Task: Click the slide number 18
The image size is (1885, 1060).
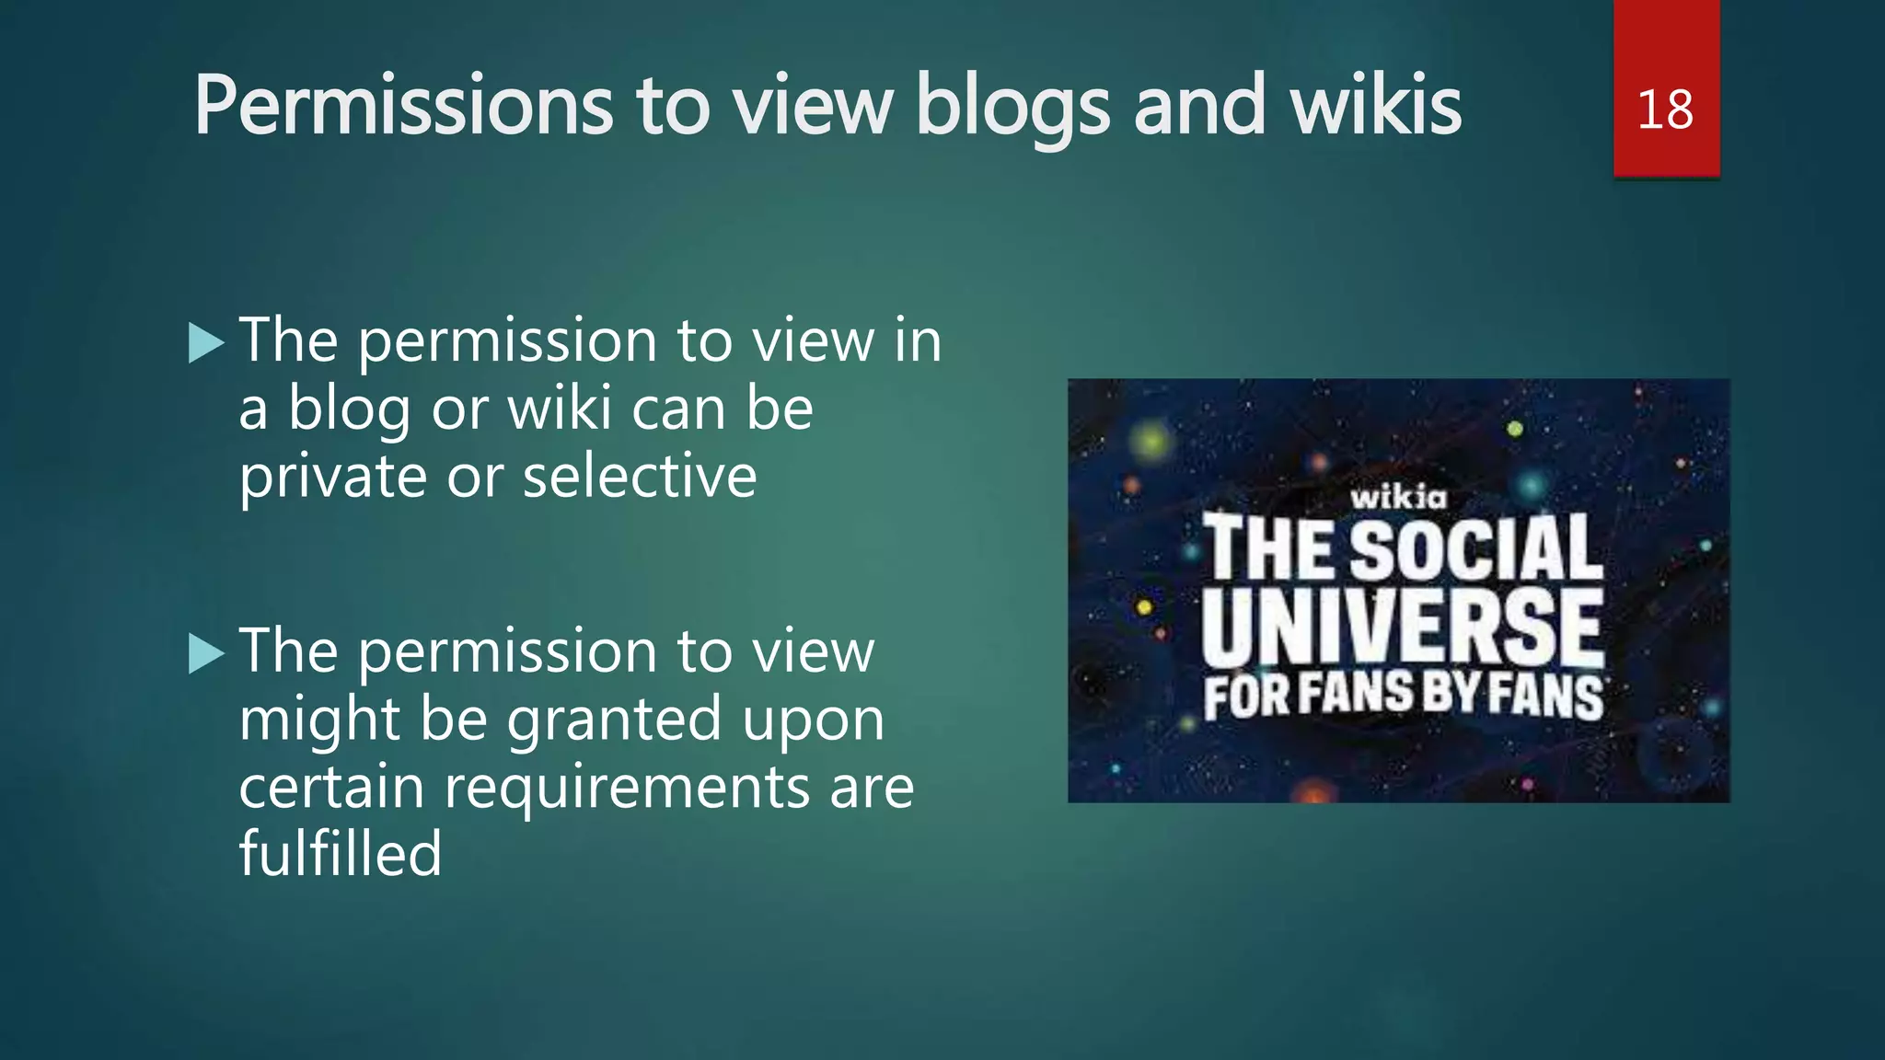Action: pyautogui.click(x=1665, y=109)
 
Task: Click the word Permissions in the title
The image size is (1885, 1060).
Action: pyautogui.click(x=403, y=106)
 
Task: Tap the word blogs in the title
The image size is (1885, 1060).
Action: pyautogui.click(x=1012, y=108)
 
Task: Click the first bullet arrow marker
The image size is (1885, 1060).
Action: pyautogui.click(x=206, y=343)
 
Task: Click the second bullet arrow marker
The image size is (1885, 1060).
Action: pyautogui.click(x=206, y=654)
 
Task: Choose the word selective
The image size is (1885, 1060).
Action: pyautogui.click(x=640, y=477)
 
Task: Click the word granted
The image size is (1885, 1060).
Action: pyautogui.click(x=614, y=720)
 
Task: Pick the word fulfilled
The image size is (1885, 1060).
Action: pyautogui.click(x=341, y=854)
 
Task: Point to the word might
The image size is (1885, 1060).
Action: pyautogui.click(x=318, y=721)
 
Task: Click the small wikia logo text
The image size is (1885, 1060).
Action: pyautogui.click(x=1398, y=498)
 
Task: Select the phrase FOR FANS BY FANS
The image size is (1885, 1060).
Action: pyautogui.click(x=1404, y=696)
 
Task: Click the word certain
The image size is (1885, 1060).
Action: pyautogui.click(x=331, y=788)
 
